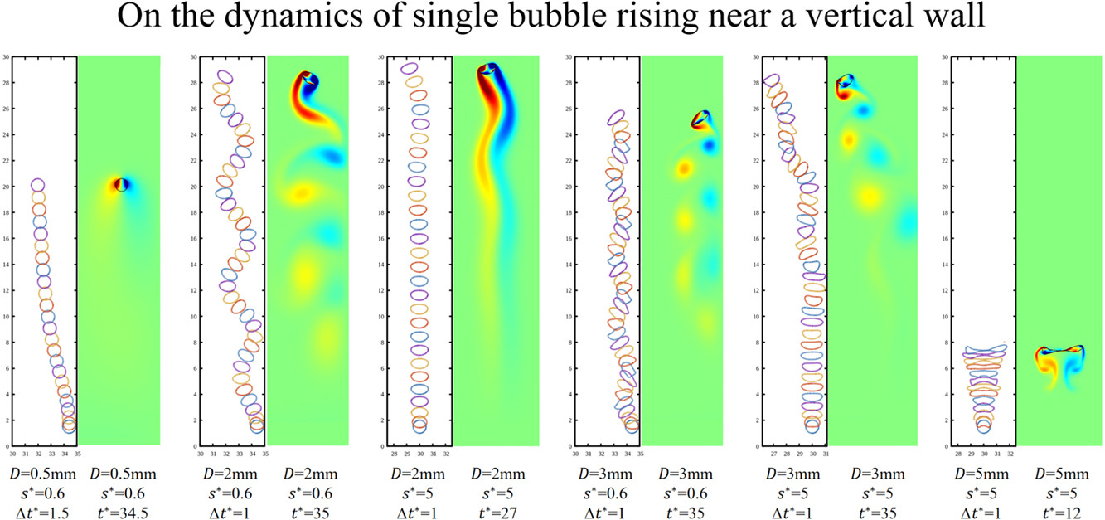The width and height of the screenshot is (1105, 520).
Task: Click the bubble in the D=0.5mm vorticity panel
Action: tap(122, 184)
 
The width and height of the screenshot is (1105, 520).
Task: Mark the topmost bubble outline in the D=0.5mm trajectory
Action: tap(37, 185)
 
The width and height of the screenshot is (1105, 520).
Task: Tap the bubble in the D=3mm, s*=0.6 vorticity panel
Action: tap(701, 120)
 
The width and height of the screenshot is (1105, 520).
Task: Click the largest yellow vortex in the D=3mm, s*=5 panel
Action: tap(869, 197)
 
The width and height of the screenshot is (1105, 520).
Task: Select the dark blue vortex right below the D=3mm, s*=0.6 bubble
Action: tap(710, 146)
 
